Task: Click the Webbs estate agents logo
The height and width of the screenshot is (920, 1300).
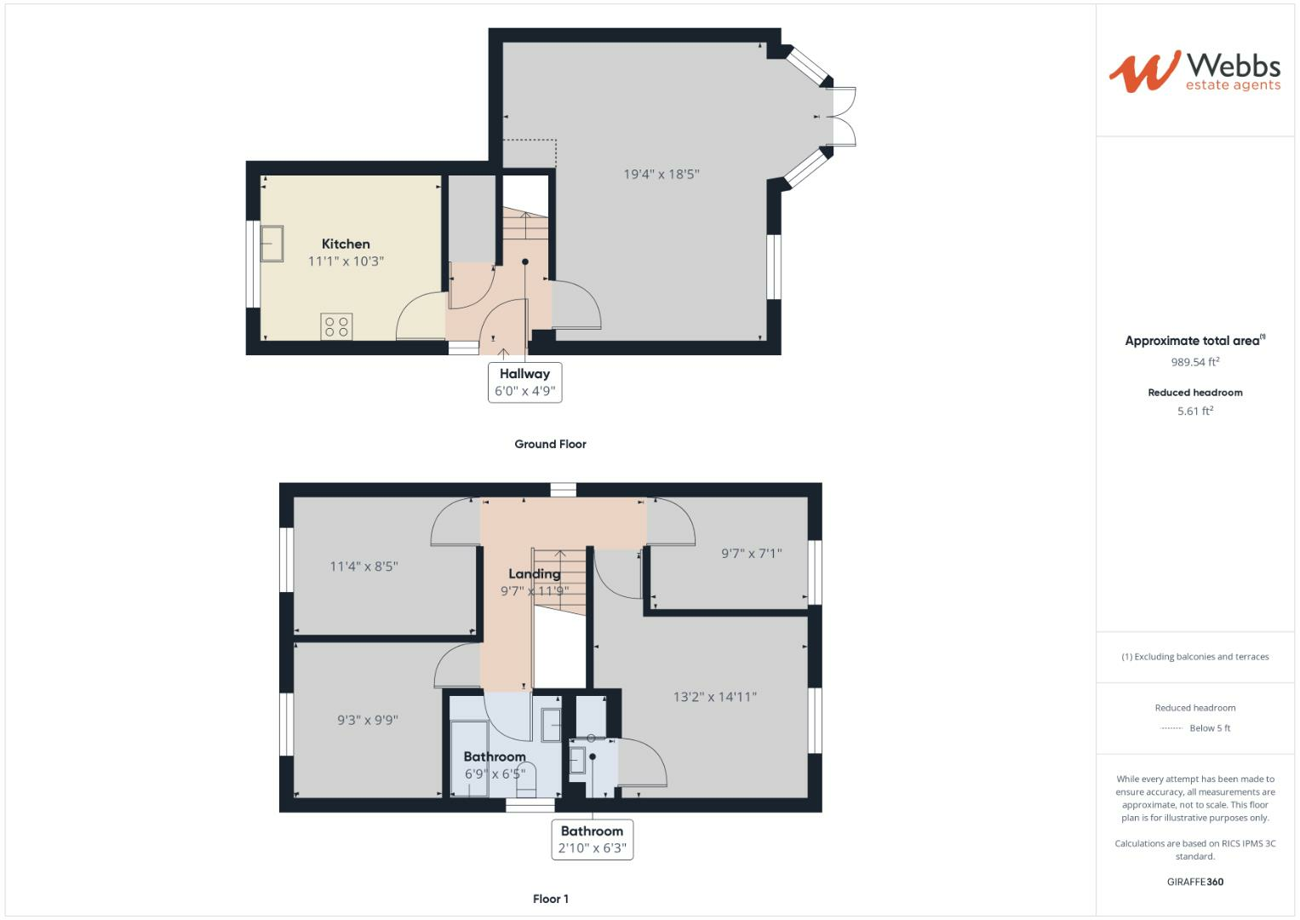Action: coord(1194,72)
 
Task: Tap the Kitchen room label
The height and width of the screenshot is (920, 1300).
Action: coord(346,244)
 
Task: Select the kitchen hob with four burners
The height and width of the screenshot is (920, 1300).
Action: coord(336,325)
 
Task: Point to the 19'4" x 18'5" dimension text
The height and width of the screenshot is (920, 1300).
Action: coord(661,174)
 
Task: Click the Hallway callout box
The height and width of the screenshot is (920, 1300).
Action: coord(524,382)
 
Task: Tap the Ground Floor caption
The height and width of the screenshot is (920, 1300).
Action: coord(550,444)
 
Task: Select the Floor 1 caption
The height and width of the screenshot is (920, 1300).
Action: coord(550,899)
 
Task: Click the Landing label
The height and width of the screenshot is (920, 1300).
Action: coord(534,574)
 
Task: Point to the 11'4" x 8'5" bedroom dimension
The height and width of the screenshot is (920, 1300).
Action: coord(364,566)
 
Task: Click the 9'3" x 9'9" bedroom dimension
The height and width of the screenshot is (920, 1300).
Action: coord(367,720)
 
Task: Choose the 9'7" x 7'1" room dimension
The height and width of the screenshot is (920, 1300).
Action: coord(751,553)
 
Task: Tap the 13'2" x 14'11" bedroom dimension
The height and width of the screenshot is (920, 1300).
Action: coord(714,697)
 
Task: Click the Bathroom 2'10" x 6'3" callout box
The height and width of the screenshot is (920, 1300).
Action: coord(592,839)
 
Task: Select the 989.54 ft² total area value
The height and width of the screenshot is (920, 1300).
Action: coord(1194,362)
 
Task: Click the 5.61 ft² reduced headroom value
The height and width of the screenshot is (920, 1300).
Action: coord(1194,411)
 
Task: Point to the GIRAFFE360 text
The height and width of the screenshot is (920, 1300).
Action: coord(1194,882)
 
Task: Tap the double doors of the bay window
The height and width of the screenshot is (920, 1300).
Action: coord(844,117)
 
